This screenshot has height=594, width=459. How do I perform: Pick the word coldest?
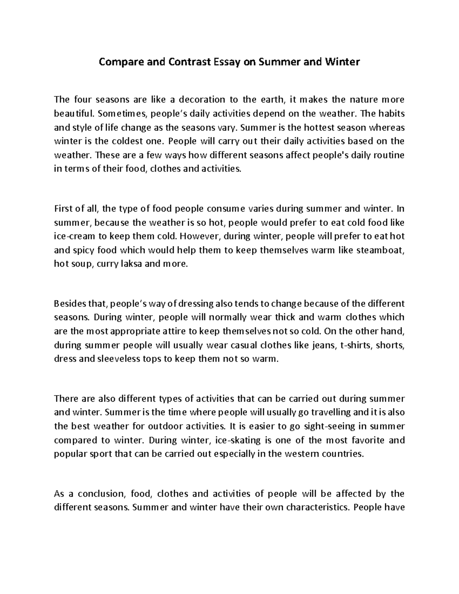[x=129, y=141]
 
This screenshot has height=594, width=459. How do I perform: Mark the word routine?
[x=389, y=155]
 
